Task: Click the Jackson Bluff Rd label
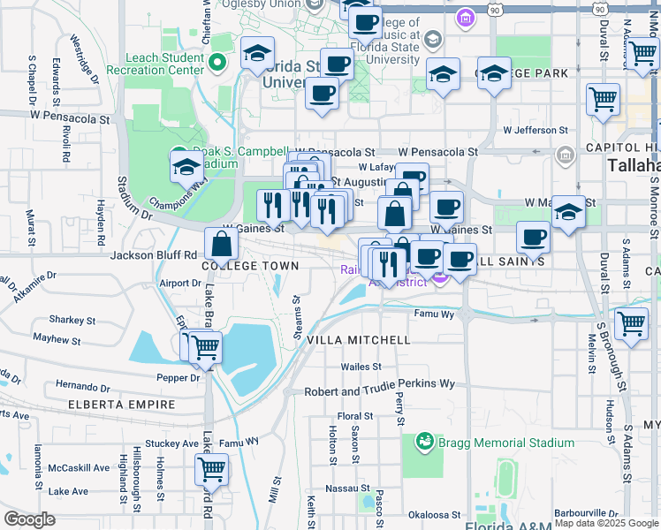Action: [153, 255]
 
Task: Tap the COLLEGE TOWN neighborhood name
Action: [250, 266]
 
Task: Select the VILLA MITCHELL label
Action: [358, 340]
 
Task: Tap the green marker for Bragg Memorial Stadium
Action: [425, 441]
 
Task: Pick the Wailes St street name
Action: [361, 367]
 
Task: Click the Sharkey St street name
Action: [72, 320]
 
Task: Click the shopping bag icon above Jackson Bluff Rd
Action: [221, 243]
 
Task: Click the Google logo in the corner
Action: [29, 519]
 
